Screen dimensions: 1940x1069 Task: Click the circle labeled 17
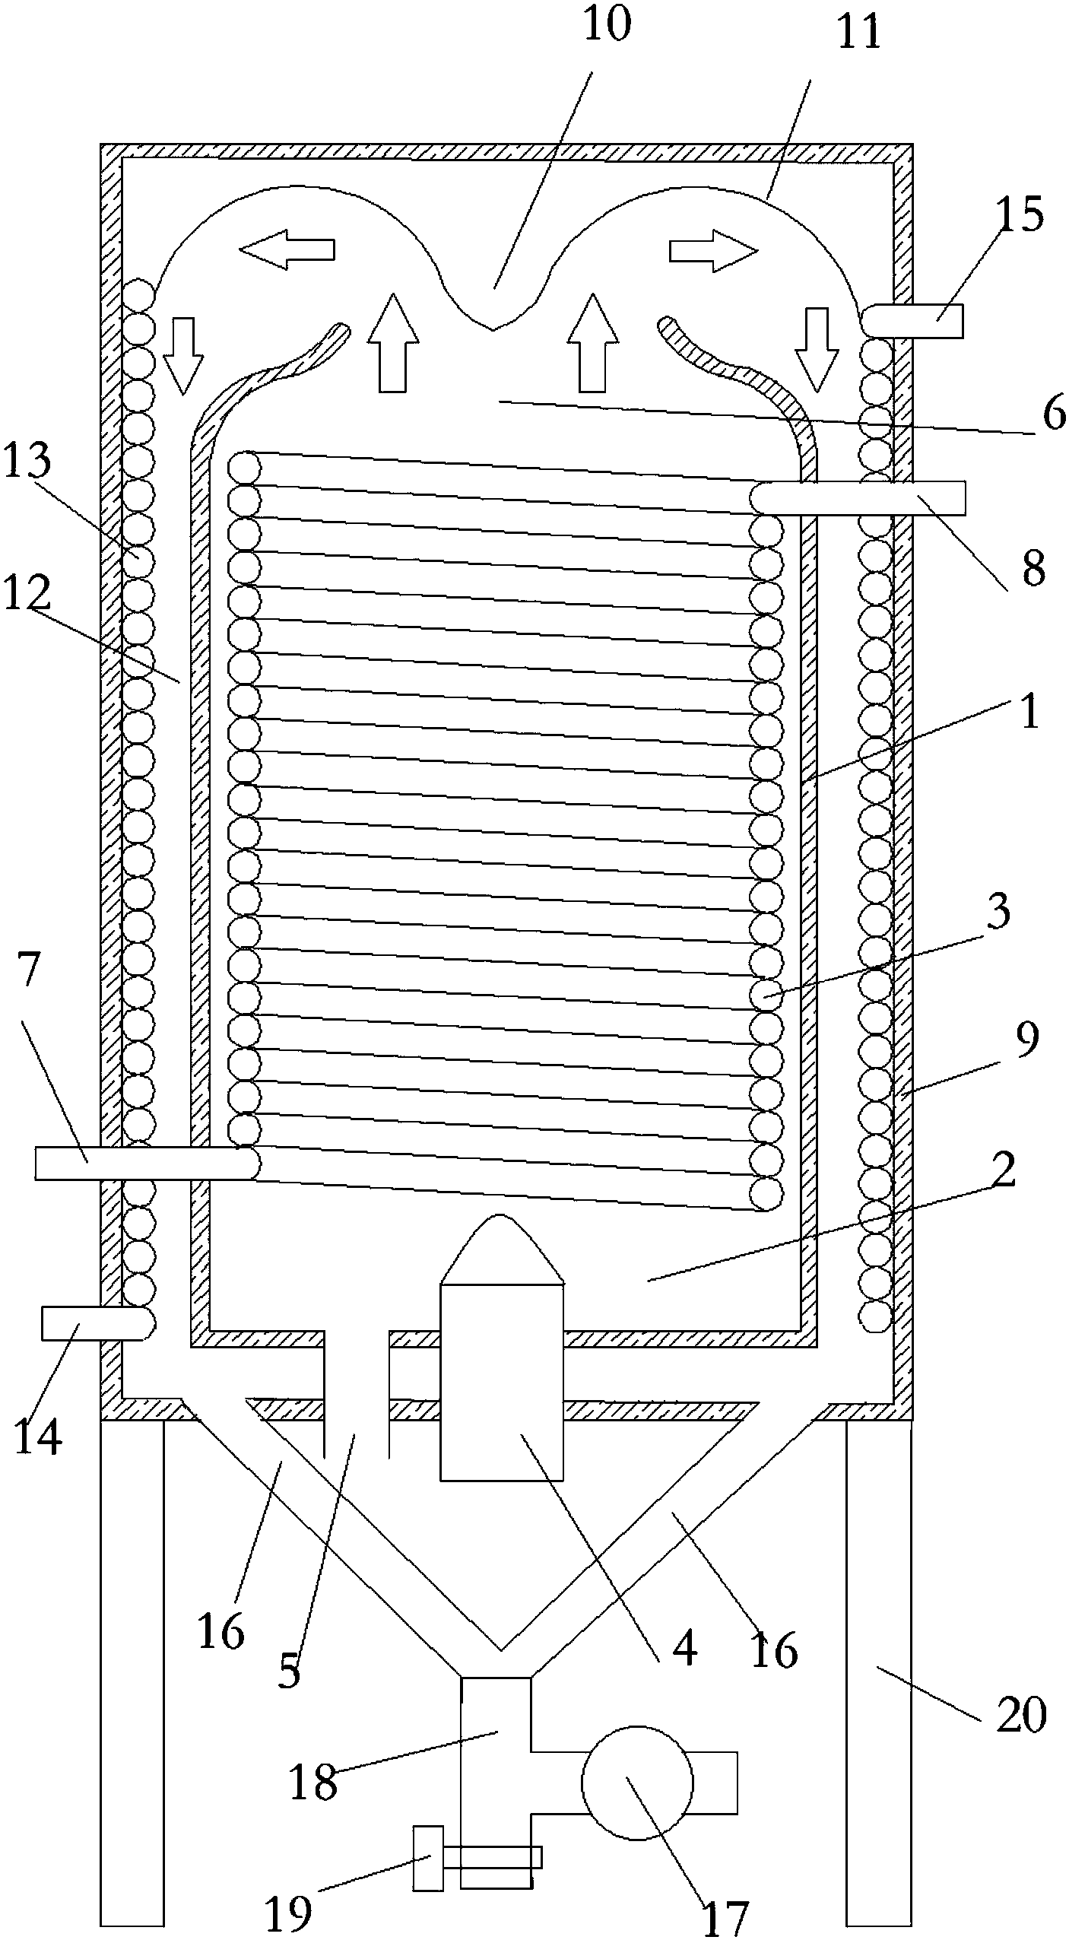[637, 1782]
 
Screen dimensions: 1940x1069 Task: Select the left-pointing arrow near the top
[287, 249]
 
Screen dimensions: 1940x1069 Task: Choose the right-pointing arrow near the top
[714, 250]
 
